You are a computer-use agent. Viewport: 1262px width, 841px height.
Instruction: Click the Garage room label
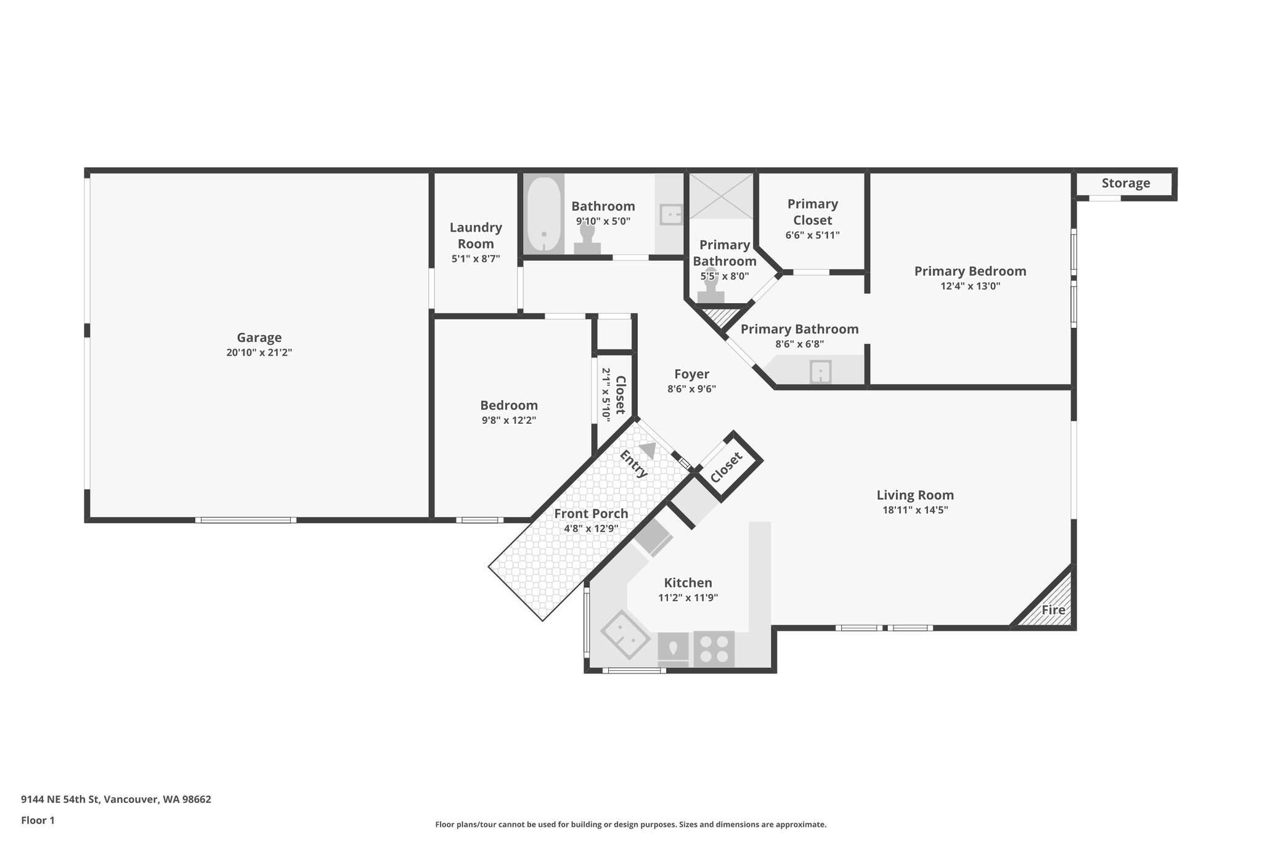(x=259, y=338)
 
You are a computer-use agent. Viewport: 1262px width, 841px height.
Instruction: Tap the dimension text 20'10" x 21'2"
(x=259, y=353)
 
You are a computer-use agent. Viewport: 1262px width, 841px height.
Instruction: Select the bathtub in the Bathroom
(x=543, y=214)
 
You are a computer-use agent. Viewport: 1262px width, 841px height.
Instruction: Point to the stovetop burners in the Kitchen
(x=714, y=648)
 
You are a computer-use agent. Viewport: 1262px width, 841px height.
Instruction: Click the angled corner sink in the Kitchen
(x=625, y=635)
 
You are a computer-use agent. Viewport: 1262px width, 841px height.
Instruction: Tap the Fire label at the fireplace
(x=1053, y=610)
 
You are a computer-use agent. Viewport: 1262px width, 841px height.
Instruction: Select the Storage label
(x=1125, y=183)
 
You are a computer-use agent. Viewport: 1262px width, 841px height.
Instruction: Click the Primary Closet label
(x=812, y=212)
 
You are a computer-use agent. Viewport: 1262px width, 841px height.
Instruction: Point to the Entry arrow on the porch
(x=648, y=450)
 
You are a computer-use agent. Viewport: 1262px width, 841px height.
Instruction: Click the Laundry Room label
(x=475, y=235)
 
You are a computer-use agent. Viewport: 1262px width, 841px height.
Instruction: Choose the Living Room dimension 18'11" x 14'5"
(x=914, y=510)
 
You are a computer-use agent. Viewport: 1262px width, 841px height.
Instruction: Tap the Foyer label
(x=691, y=374)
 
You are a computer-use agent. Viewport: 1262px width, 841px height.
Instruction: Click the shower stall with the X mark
(x=720, y=196)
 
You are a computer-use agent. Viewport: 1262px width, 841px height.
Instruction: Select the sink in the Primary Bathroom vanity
(x=820, y=372)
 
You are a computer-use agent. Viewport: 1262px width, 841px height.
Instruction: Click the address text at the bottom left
(x=116, y=800)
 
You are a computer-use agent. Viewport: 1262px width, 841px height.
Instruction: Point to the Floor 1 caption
(x=38, y=820)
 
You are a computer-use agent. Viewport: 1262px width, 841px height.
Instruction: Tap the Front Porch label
(x=590, y=514)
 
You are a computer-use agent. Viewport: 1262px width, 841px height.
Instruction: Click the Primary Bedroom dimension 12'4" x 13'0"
(x=969, y=286)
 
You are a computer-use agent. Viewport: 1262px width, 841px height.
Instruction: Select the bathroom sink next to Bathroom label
(x=670, y=214)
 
